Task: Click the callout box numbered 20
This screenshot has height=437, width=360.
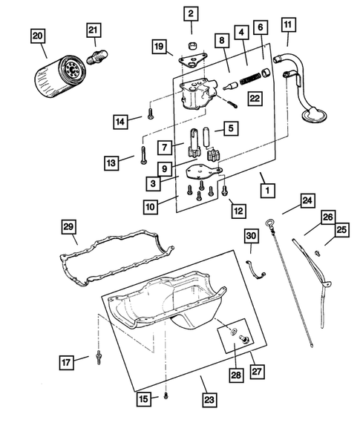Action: pyautogui.click(x=37, y=36)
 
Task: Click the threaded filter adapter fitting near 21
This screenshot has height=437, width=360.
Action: pyautogui.click(x=99, y=56)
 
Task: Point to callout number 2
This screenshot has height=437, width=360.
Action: pyautogui.click(x=191, y=13)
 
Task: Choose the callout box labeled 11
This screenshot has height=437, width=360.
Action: pyautogui.click(x=287, y=25)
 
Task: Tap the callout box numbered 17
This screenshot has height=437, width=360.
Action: pyautogui.click(x=67, y=362)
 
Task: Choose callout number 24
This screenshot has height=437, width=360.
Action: pyautogui.click(x=307, y=200)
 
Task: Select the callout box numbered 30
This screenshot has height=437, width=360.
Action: pyautogui.click(x=251, y=236)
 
